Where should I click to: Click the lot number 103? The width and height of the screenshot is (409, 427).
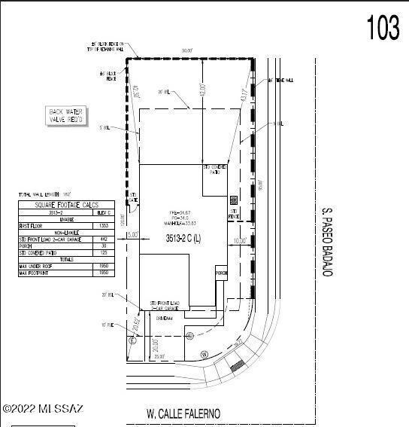pyautogui.click(x=383, y=28)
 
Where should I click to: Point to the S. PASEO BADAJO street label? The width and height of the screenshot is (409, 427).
pyautogui.click(x=327, y=240)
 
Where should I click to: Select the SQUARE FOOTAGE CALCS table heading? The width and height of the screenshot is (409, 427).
pyautogui.click(x=66, y=205)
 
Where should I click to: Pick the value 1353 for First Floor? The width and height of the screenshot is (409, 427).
pyautogui.click(x=104, y=225)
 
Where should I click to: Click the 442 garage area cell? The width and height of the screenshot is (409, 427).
pyautogui.click(x=104, y=239)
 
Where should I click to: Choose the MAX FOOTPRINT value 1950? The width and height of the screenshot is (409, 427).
pyautogui.click(x=104, y=273)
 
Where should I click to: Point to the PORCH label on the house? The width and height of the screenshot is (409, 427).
pyautogui.click(x=221, y=273)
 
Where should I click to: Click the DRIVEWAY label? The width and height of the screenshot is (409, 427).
pyautogui.click(x=165, y=318)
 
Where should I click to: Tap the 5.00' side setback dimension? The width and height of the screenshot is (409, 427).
pyautogui.click(x=133, y=234)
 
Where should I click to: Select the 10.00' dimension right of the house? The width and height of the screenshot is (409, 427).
pyautogui.click(x=240, y=240)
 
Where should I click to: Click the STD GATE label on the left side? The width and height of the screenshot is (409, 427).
pyautogui.click(x=134, y=200)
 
